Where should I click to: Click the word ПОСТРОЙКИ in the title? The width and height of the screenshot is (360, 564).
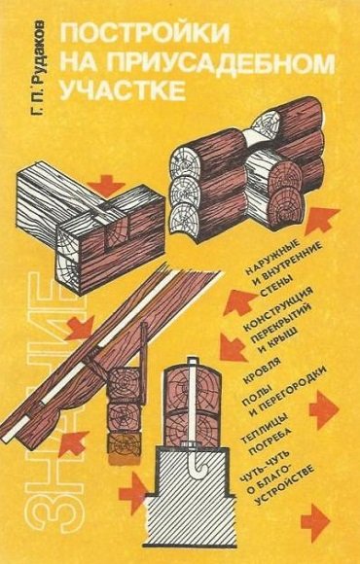point(145,33)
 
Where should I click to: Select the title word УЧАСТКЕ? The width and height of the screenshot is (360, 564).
point(123,89)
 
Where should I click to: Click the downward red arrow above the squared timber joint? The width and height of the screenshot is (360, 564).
point(105,185)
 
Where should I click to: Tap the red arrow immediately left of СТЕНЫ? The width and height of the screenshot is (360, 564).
point(238,301)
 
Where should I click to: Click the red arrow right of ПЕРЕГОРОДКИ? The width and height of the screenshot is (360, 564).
point(323,410)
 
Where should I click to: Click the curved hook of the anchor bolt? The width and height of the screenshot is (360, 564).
point(196,466)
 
